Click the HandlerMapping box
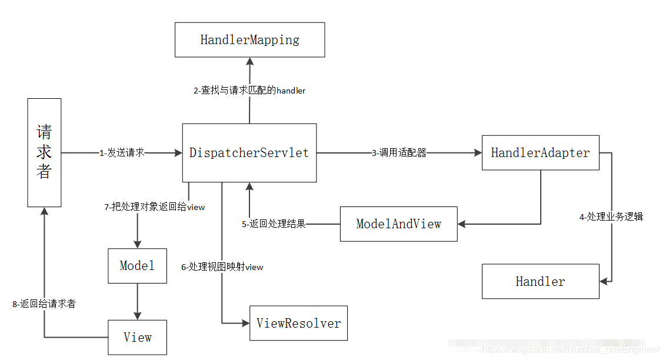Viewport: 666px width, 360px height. (x=249, y=40)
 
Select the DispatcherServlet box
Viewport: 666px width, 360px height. (x=249, y=153)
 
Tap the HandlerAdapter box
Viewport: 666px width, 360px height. (x=540, y=153)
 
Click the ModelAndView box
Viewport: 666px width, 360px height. (x=398, y=224)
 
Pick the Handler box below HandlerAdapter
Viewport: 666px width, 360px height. (x=540, y=281)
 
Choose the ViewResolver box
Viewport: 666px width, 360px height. (x=298, y=323)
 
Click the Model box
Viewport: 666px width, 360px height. (x=137, y=266)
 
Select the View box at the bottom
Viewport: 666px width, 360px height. (x=137, y=338)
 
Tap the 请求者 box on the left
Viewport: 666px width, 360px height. (x=44, y=152)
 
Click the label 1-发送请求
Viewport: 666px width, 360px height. (x=122, y=153)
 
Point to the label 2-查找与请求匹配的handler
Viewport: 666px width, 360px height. (x=249, y=91)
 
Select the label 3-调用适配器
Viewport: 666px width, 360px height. (x=399, y=153)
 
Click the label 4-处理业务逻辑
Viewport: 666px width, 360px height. (x=611, y=216)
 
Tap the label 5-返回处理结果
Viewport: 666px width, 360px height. (x=274, y=224)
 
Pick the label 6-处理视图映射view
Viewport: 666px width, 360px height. (x=222, y=267)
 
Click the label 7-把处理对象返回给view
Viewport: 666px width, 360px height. (x=155, y=207)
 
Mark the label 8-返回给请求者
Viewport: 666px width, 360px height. (x=44, y=304)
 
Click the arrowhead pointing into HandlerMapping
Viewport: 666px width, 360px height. (x=249, y=61)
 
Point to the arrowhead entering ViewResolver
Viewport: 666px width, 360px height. (x=245, y=323)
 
